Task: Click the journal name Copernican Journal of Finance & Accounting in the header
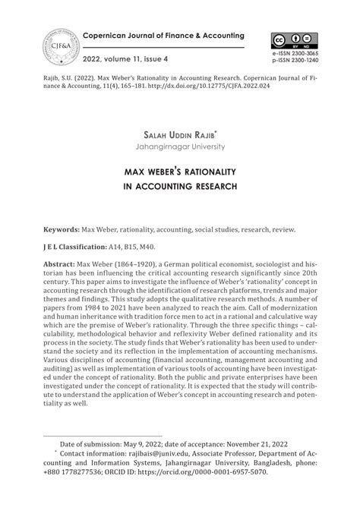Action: [x=163, y=36]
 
